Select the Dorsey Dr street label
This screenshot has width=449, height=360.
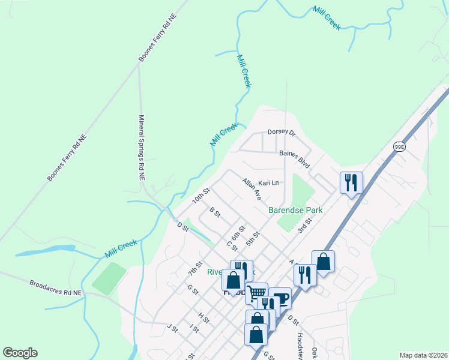click(282, 132)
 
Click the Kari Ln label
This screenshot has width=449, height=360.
click(269, 182)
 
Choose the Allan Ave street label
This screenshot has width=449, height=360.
click(252, 188)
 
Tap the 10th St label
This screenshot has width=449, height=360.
click(200, 196)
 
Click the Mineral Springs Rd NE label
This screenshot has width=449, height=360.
click(142, 148)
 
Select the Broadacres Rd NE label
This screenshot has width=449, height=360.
click(55, 287)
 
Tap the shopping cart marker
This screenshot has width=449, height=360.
click(256, 293)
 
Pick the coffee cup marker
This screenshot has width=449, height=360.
click(281, 298)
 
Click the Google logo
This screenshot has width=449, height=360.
click(20, 353)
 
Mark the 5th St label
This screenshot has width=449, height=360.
click(252, 238)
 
